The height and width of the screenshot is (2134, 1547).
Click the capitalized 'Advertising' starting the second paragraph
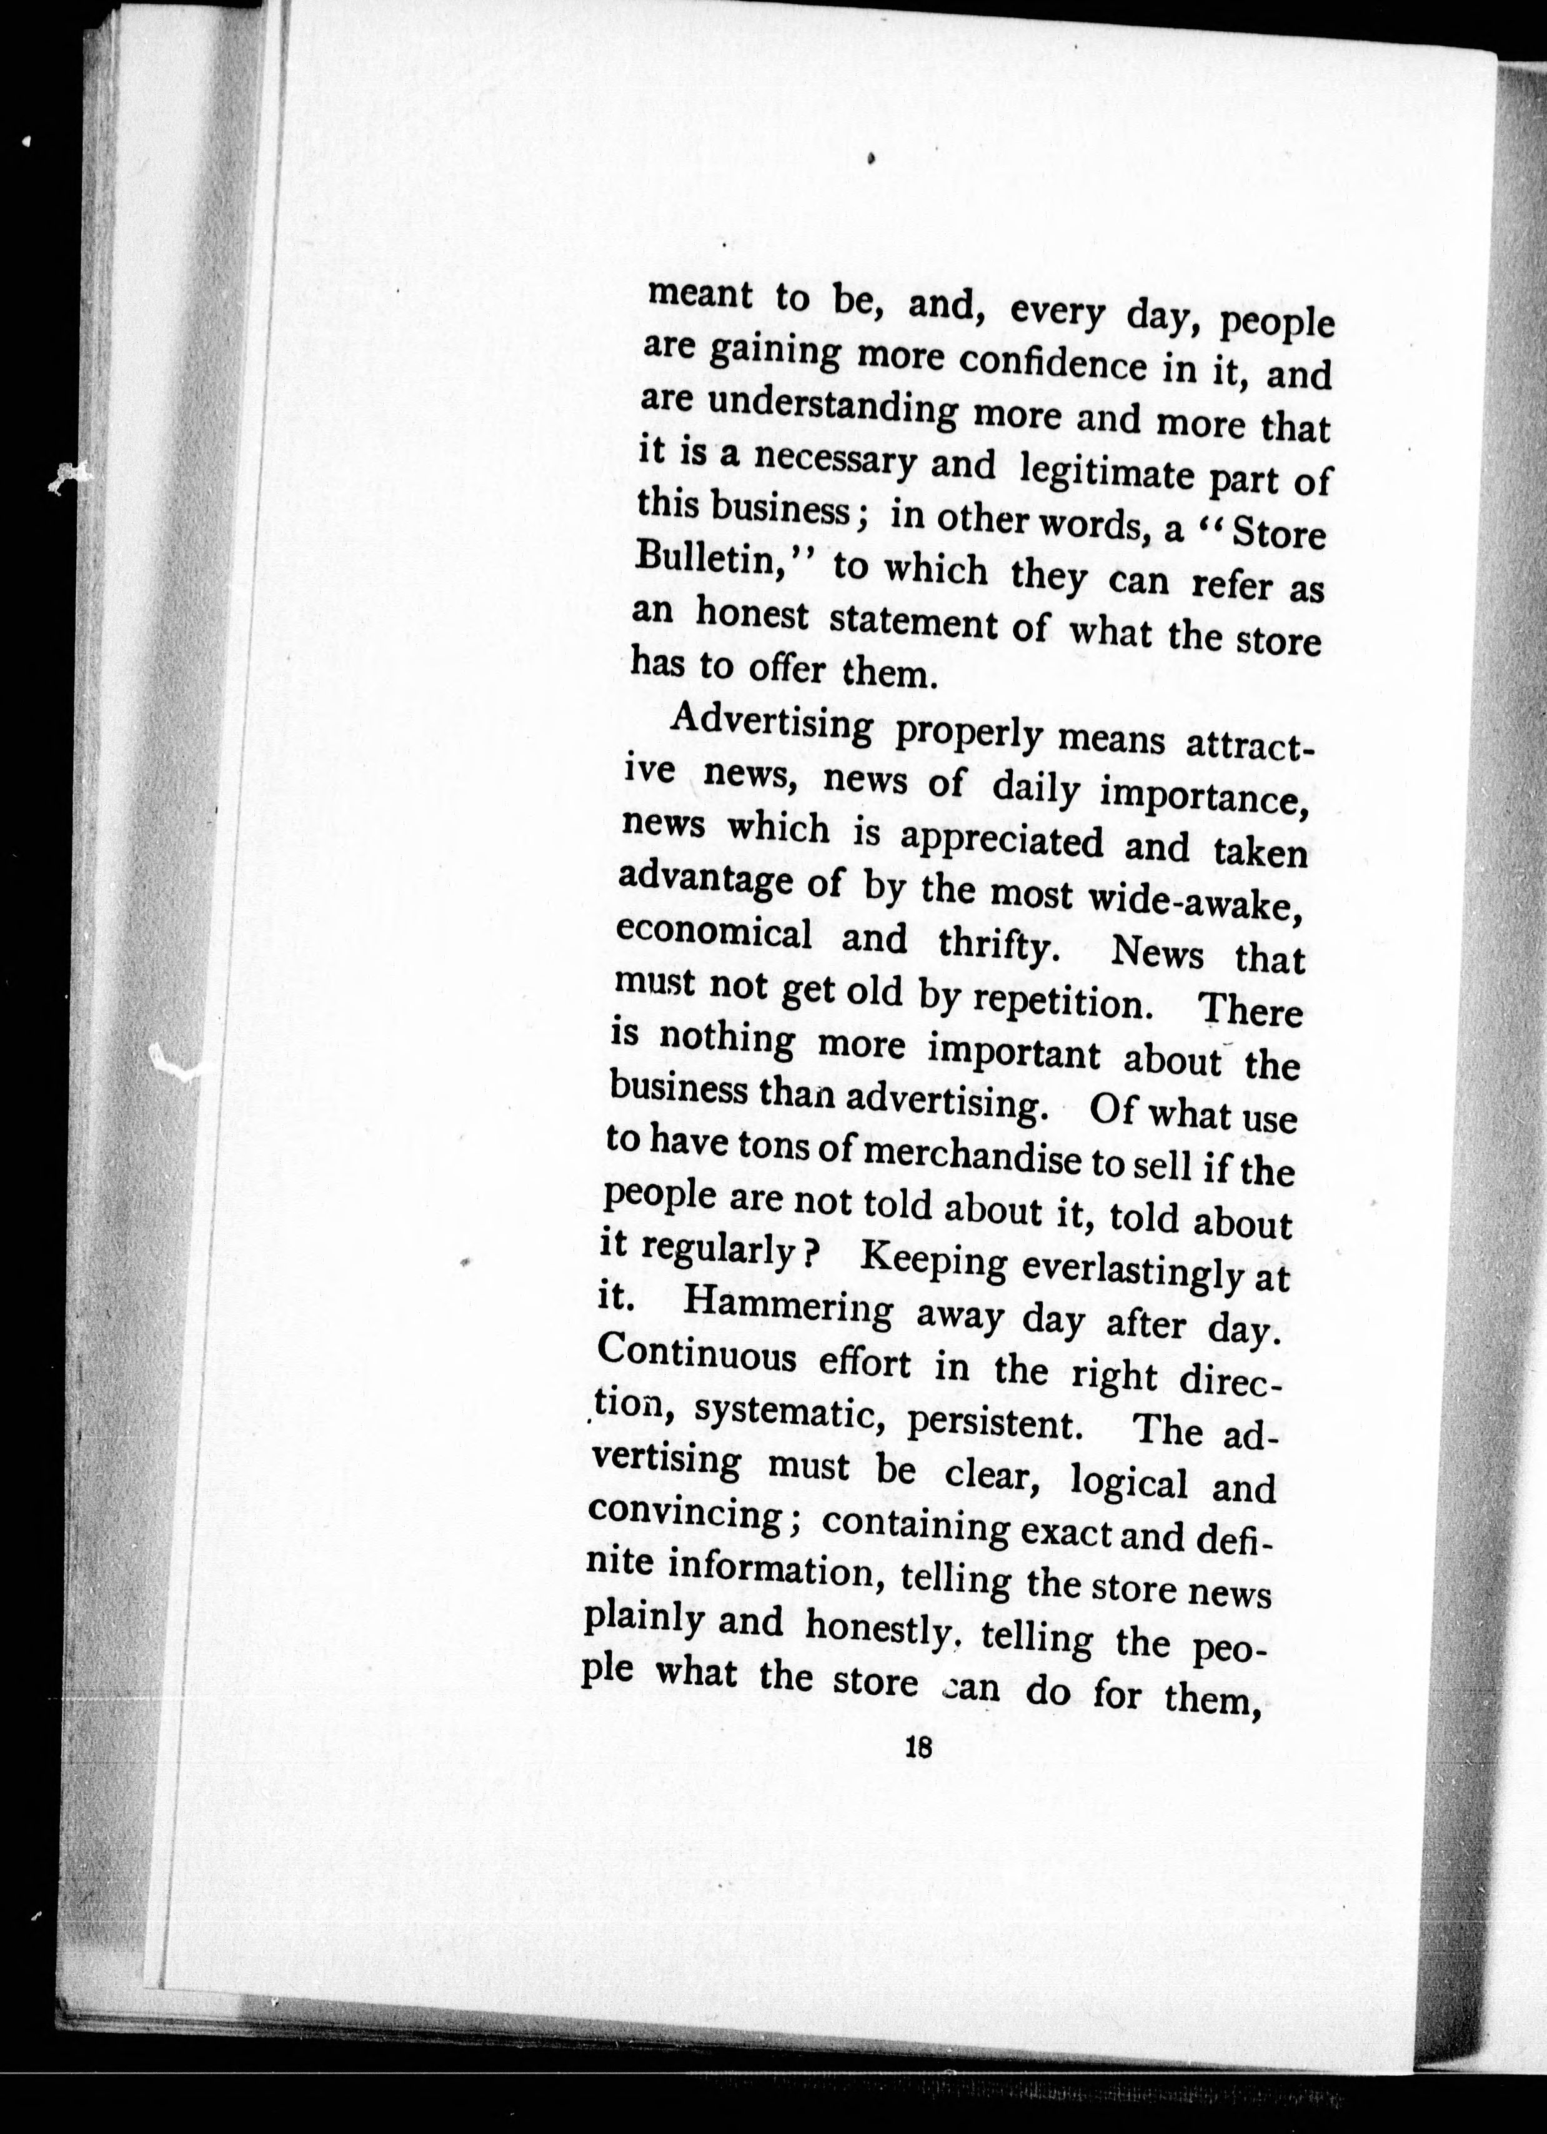click(772, 725)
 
